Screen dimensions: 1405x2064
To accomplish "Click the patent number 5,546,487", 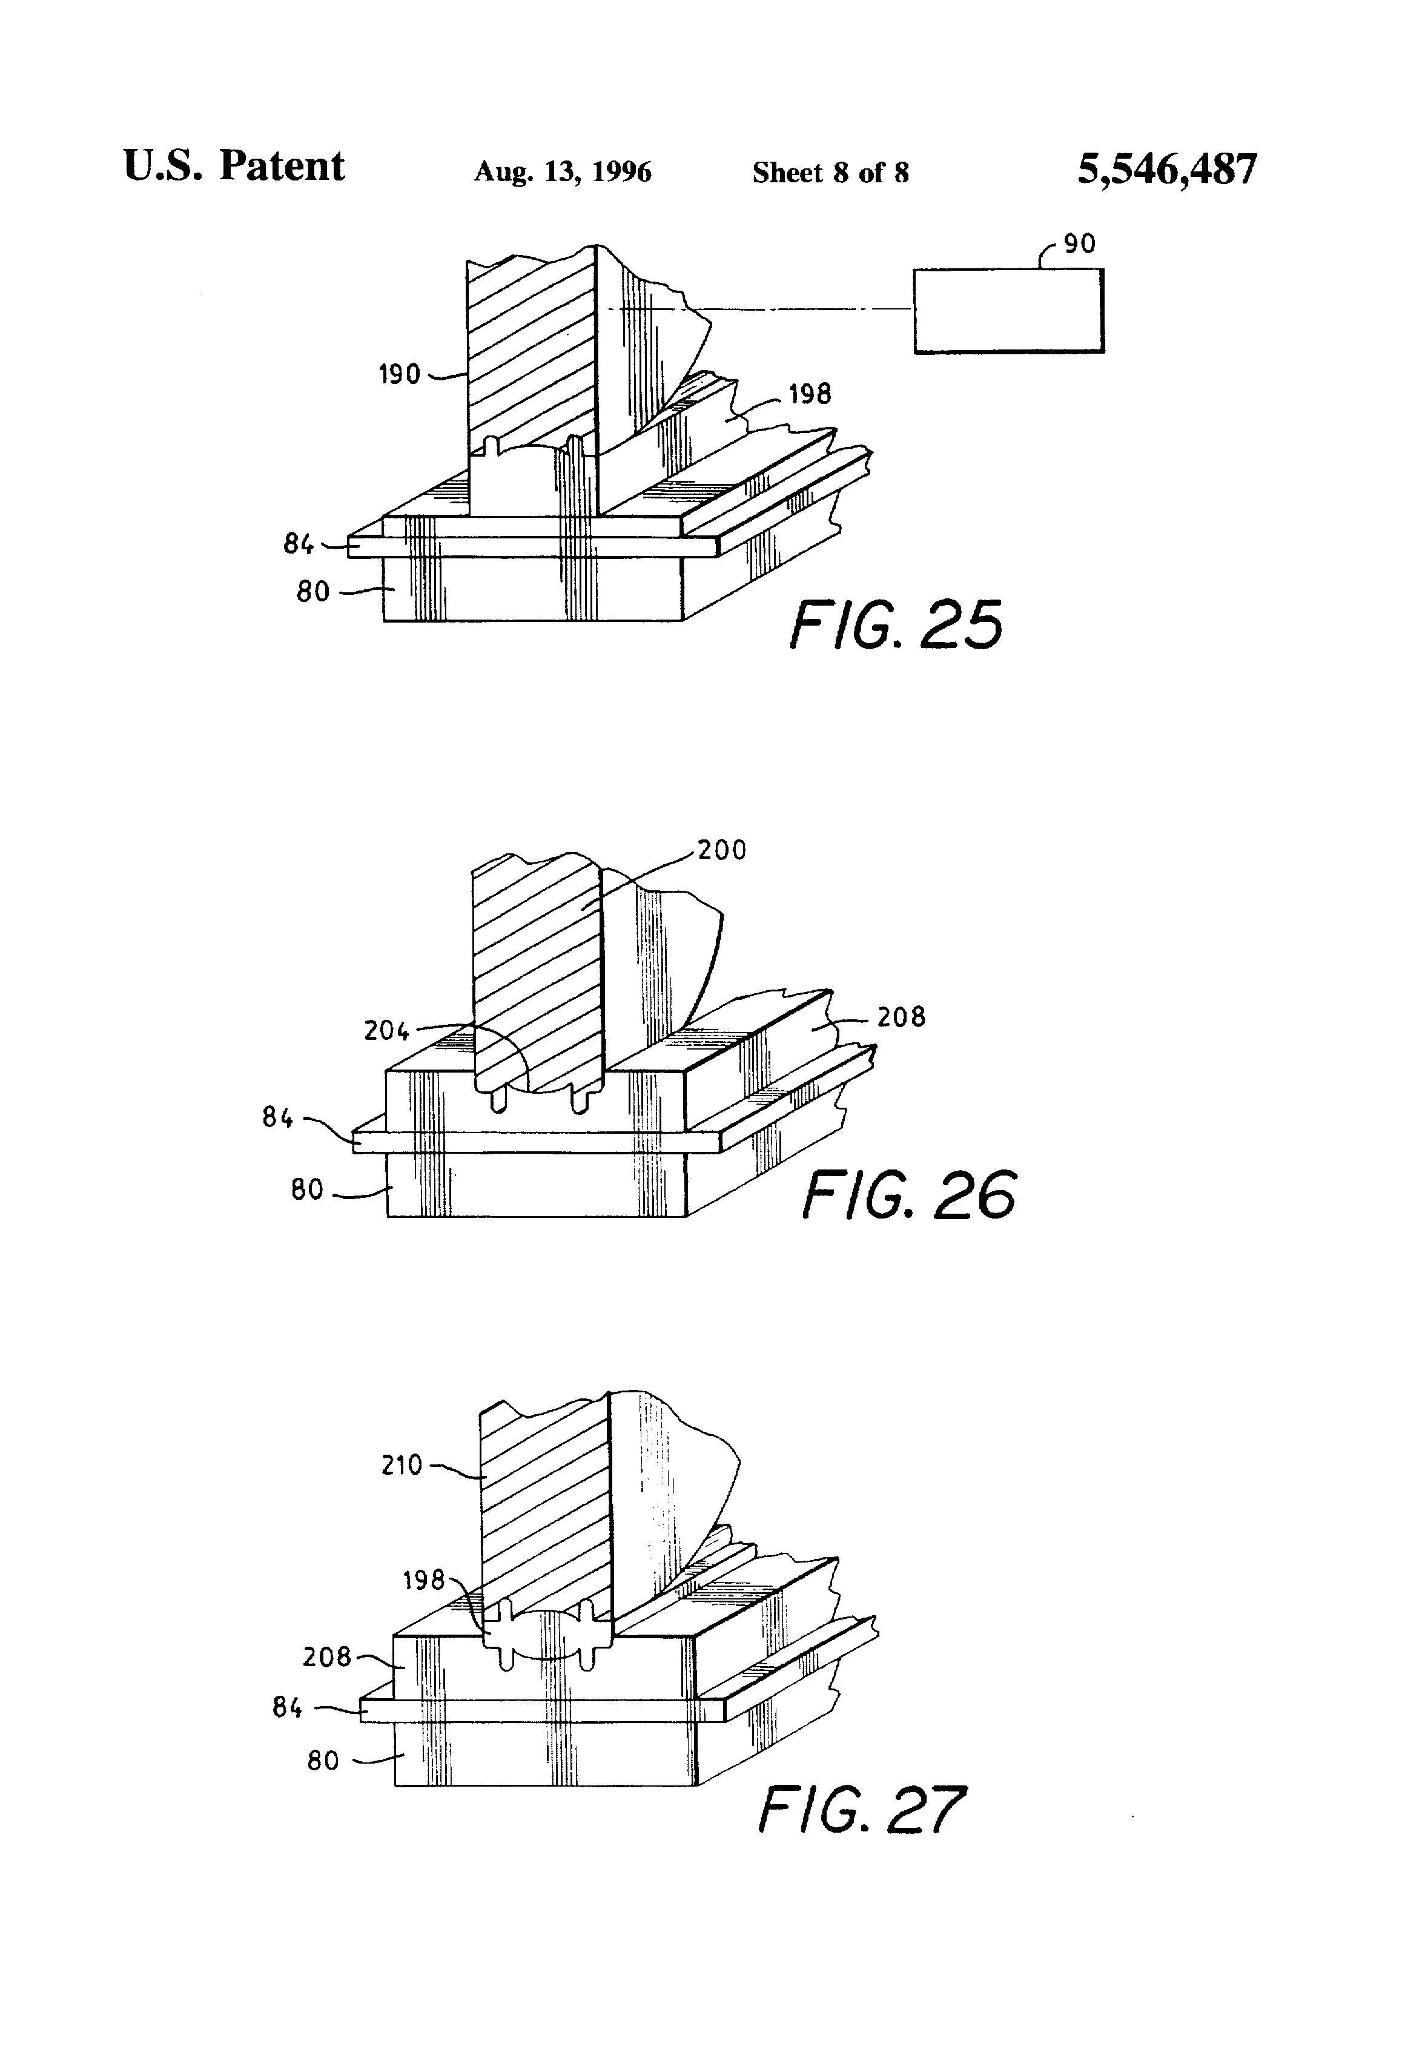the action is (1167, 170).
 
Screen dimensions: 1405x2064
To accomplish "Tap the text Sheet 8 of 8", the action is (830, 172).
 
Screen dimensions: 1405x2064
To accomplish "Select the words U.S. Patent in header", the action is (234, 166).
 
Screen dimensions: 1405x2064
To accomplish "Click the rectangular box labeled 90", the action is (1009, 311).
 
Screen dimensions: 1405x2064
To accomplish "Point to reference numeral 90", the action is (1079, 243).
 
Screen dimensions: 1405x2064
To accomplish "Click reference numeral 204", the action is (386, 1030).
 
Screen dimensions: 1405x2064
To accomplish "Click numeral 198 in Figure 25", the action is (810, 394).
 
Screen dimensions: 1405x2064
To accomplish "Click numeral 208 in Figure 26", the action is (901, 1017).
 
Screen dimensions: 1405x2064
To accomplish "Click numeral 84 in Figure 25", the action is (299, 543).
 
